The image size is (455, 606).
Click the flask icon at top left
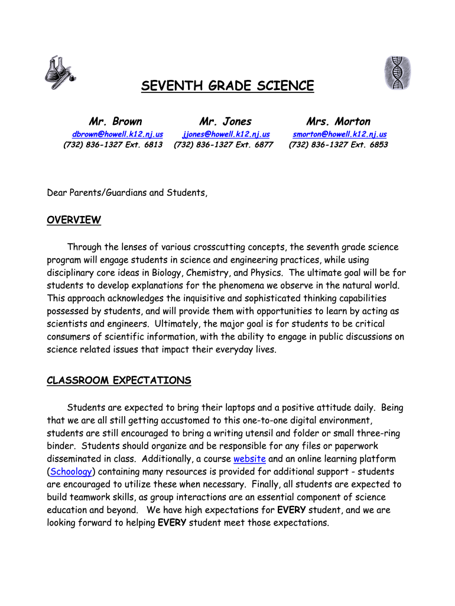[x=59, y=73]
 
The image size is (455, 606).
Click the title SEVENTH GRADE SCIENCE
[x=227, y=86]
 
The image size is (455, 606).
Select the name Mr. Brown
[x=115, y=122]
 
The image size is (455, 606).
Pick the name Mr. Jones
[x=225, y=122]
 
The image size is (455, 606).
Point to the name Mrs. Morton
[x=338, y=122]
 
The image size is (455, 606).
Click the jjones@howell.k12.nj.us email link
[x=226, y=134]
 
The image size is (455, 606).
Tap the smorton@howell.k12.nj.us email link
[x=340, y=134]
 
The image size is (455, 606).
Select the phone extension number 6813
[x=152, y=145]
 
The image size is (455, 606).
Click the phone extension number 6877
[x=263, y=145]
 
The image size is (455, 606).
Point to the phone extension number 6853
[x=378, y=145]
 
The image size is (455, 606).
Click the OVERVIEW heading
[x=74, y=221]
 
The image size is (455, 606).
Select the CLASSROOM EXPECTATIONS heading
[x=119, y=381]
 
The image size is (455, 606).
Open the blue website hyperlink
[x=249, y=459]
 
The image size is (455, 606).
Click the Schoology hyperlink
[x=71, y=472]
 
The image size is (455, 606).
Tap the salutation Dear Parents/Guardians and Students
[x=127, y=193]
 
